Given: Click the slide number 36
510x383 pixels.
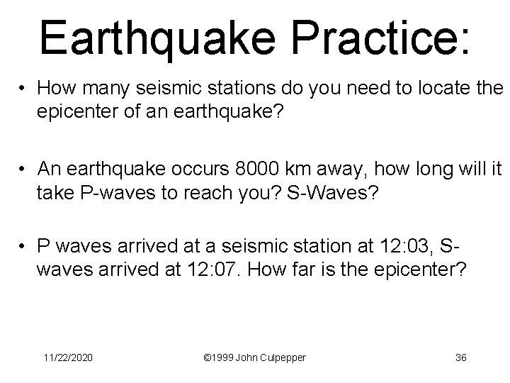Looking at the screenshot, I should point(460,357).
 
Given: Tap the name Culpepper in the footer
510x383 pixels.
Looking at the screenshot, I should point(278,357).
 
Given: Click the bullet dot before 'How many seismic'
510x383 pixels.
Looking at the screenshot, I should point(23,89).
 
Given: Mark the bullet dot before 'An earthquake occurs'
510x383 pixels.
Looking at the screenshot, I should point(23,171).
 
